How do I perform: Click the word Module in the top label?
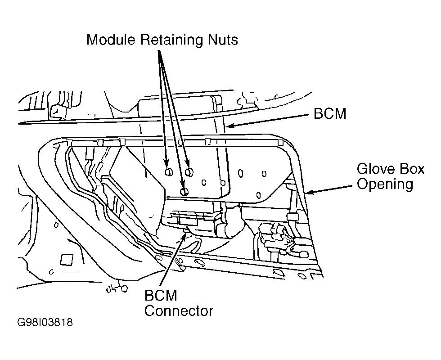click(111, 40)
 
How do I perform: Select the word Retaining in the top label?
click(171, 40)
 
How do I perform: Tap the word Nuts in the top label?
click(223, 40)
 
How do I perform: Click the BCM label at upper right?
click(329, 113)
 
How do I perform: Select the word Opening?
click(385, 184)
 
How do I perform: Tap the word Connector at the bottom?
click(179, 311)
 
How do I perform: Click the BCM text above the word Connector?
click(161, 295)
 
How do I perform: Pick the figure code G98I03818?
click(45, 322)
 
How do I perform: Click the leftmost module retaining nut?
click(169, 171)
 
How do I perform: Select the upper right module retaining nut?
click(189, 171)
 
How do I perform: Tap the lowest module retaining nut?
click(184, 192)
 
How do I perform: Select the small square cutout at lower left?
click(67, 259)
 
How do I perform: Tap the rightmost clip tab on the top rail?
click(280, 143)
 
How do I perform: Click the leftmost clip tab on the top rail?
click(69, 143)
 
